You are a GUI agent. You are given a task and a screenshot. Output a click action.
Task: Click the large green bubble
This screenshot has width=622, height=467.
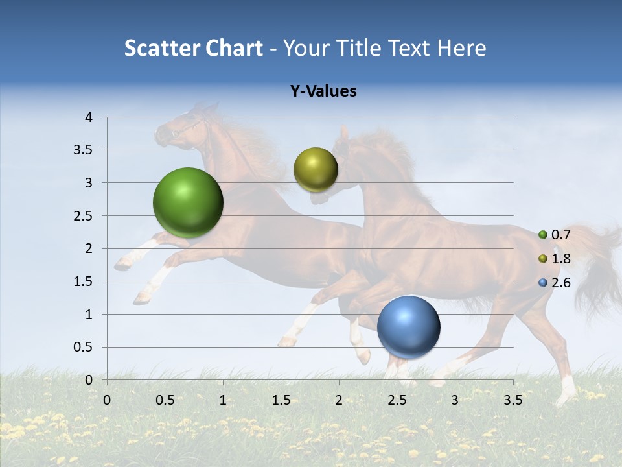188,202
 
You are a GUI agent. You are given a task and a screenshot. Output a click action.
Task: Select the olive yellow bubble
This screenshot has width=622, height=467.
316,169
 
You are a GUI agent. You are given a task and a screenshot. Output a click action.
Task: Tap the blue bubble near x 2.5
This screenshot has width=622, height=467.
408,327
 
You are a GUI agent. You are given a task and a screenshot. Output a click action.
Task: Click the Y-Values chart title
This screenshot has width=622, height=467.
323,91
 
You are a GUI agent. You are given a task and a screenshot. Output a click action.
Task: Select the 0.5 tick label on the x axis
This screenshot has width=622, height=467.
165,400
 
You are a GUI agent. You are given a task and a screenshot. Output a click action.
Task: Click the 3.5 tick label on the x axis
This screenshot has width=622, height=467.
513,400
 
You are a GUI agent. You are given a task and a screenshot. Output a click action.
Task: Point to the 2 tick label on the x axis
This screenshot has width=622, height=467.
339,400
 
